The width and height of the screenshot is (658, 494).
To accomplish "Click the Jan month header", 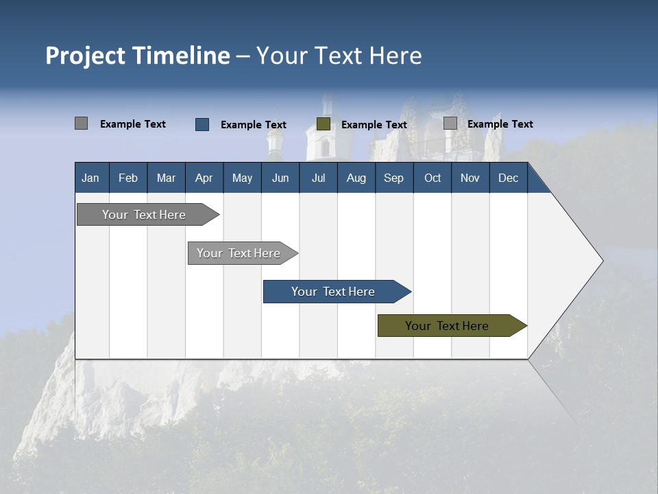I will [x=91, y=178].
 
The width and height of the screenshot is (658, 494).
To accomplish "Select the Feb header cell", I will [x=128, y=178].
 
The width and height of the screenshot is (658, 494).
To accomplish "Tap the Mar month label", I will [x=166, y=178].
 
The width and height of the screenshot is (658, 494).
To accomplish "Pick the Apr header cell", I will [x=204, y=178].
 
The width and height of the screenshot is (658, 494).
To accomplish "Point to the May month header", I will [x=242, y=178].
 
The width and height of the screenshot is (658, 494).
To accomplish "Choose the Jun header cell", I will [x=280, y=178].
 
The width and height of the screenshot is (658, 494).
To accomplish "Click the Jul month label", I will [x=318, y=178].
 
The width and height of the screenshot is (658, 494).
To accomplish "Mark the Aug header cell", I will [x=356, y=178].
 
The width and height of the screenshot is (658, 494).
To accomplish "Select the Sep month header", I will [x=394, y=178].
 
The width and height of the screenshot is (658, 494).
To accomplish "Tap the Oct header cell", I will [x=432, y=178].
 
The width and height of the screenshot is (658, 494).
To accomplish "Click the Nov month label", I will [x=470, y=178].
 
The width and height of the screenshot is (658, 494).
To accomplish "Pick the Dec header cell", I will [x=509, y=178].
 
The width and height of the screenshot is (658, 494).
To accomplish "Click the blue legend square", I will [x=202, y=124].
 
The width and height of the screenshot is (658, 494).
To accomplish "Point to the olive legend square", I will [x=324, y=124].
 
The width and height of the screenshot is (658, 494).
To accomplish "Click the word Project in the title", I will [x=86, y=56].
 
